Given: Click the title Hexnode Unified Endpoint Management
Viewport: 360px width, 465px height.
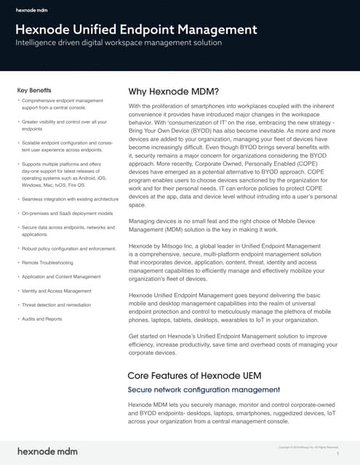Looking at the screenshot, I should tap(136, 29).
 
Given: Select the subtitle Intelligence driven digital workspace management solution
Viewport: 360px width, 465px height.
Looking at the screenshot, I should tap(119, 44).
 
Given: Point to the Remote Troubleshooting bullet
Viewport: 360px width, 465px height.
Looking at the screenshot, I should tap(48, 262).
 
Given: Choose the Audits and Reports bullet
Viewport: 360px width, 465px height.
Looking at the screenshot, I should tap(42, 318).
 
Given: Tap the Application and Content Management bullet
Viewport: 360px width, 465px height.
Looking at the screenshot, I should tap(62, 276).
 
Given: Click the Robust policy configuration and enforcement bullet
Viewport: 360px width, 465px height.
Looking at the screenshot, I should tap(68, 248).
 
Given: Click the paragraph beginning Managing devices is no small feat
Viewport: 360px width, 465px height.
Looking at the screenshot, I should tap(231, 225).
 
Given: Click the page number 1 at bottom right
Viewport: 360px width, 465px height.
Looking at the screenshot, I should tap(338, 453).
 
